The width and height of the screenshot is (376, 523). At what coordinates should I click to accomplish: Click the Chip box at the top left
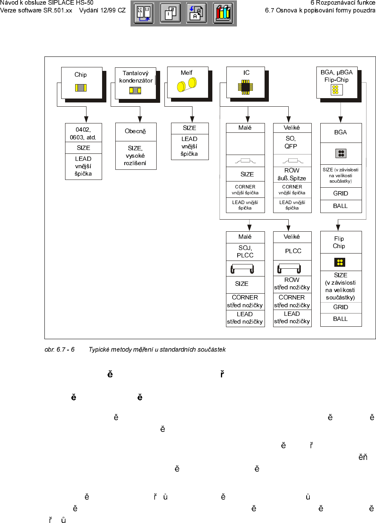coord(81,82)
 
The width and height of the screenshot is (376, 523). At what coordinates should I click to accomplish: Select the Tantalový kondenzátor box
coord(135,83)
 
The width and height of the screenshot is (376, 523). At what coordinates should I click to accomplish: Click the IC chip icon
coord(245,87)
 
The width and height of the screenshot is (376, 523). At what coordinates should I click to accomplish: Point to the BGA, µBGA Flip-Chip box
coord(337,82)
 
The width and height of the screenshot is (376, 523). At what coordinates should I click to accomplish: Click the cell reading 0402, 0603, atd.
coord(83,133)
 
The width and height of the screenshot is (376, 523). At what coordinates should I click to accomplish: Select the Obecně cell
coord(136,132)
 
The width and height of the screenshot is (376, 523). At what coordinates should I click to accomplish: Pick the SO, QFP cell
coord(291,143)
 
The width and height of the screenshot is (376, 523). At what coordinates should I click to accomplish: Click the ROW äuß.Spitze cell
coord(292,174)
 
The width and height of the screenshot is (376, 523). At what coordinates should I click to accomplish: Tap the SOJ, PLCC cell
coord(245,252)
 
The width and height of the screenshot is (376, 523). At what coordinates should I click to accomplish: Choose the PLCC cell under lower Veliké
coord(293,251)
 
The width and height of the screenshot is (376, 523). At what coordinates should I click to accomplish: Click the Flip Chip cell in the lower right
coord(340,242)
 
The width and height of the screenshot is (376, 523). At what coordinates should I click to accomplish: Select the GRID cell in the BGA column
coord(341,194)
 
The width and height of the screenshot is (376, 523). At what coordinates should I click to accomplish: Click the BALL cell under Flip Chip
coord(341,319)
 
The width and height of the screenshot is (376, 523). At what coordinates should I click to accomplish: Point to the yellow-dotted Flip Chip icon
coord(340,262)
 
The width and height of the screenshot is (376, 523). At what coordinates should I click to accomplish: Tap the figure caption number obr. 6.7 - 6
coord(60,349)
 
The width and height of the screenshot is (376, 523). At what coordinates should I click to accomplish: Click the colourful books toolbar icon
coord(223,13)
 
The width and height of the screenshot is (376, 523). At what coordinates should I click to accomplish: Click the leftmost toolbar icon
coord(144,13)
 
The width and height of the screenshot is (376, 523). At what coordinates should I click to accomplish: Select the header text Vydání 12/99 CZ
coord(102,10)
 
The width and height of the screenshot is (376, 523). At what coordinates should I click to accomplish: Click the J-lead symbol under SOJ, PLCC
coord(242,268)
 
